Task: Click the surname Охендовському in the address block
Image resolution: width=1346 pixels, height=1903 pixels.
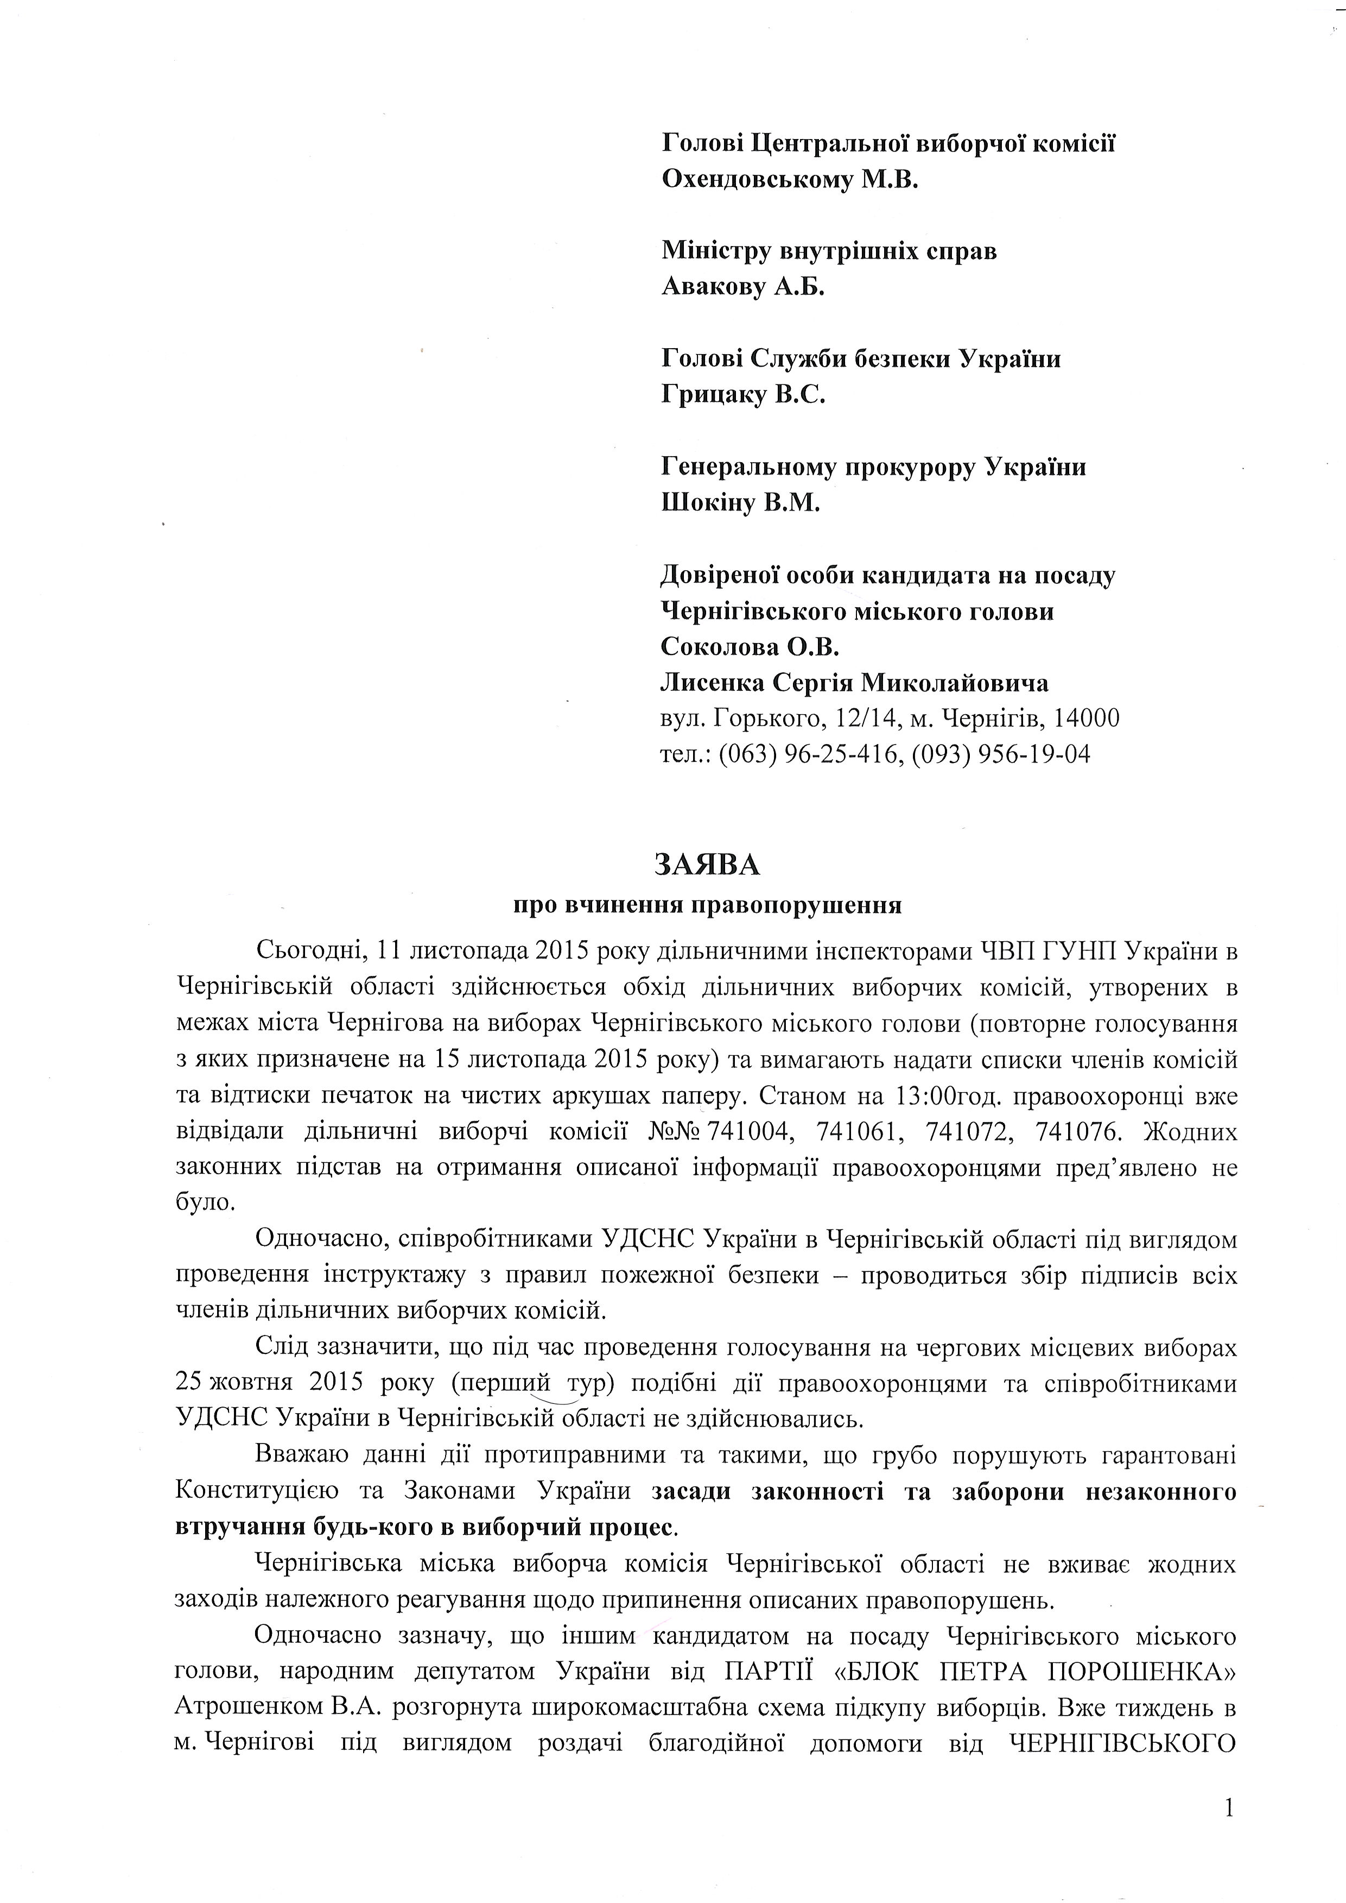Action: pyautogui.click(x=757, y=179)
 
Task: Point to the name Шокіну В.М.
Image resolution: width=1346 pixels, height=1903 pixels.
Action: pyautogui.click(x=740, y=502)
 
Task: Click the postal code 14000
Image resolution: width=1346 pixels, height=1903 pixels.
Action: pyautogui.click(x=1082, y=717)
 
